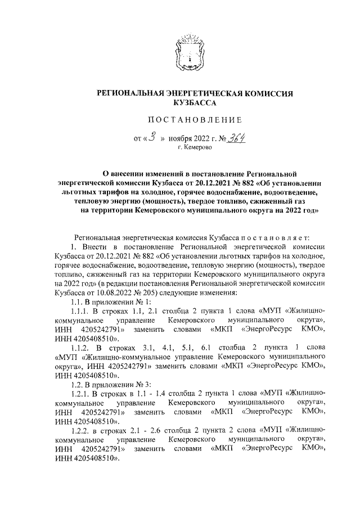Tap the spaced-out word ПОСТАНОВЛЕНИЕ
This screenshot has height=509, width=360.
click(x=195, y=119)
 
